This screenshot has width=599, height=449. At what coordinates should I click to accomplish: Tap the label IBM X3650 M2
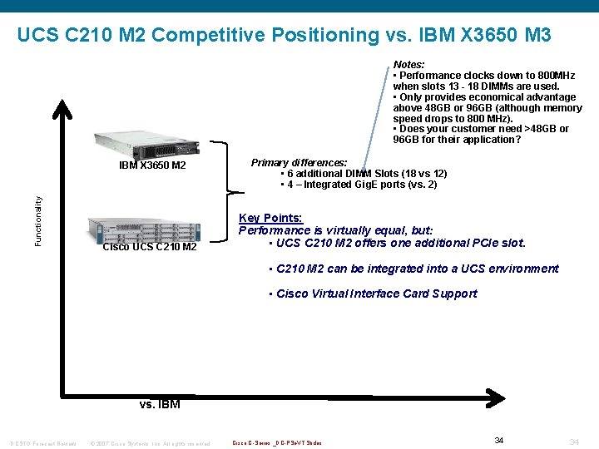click(x=152, y=165)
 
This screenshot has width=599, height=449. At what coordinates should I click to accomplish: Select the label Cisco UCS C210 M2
click(x=150, y=247)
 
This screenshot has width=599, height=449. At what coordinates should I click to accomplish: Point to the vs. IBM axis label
click(x=159, y=405)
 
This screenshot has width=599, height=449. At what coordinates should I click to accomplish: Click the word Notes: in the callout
click(x=409, y=65)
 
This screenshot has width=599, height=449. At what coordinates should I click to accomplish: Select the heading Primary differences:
click(x=299, y=162)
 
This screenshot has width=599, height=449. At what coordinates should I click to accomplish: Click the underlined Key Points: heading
click(x=270, y=218)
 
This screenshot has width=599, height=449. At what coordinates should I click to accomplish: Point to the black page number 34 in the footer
click(x=499, y=440)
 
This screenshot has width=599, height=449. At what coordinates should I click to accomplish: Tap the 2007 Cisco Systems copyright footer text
click(x=150, y=442)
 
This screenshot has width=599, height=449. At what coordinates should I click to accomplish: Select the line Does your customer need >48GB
click(x=483, y=129)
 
